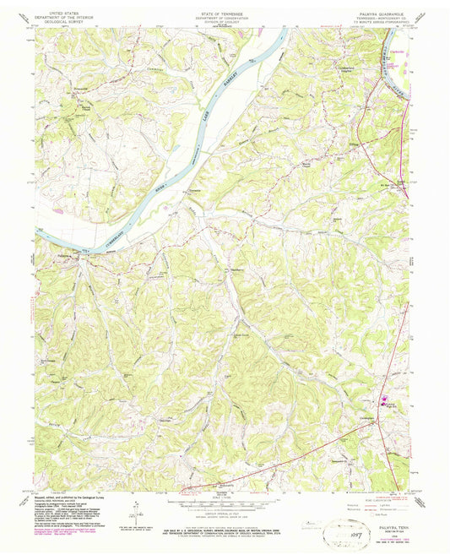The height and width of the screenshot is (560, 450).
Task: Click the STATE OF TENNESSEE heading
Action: [x=223, y=13]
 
